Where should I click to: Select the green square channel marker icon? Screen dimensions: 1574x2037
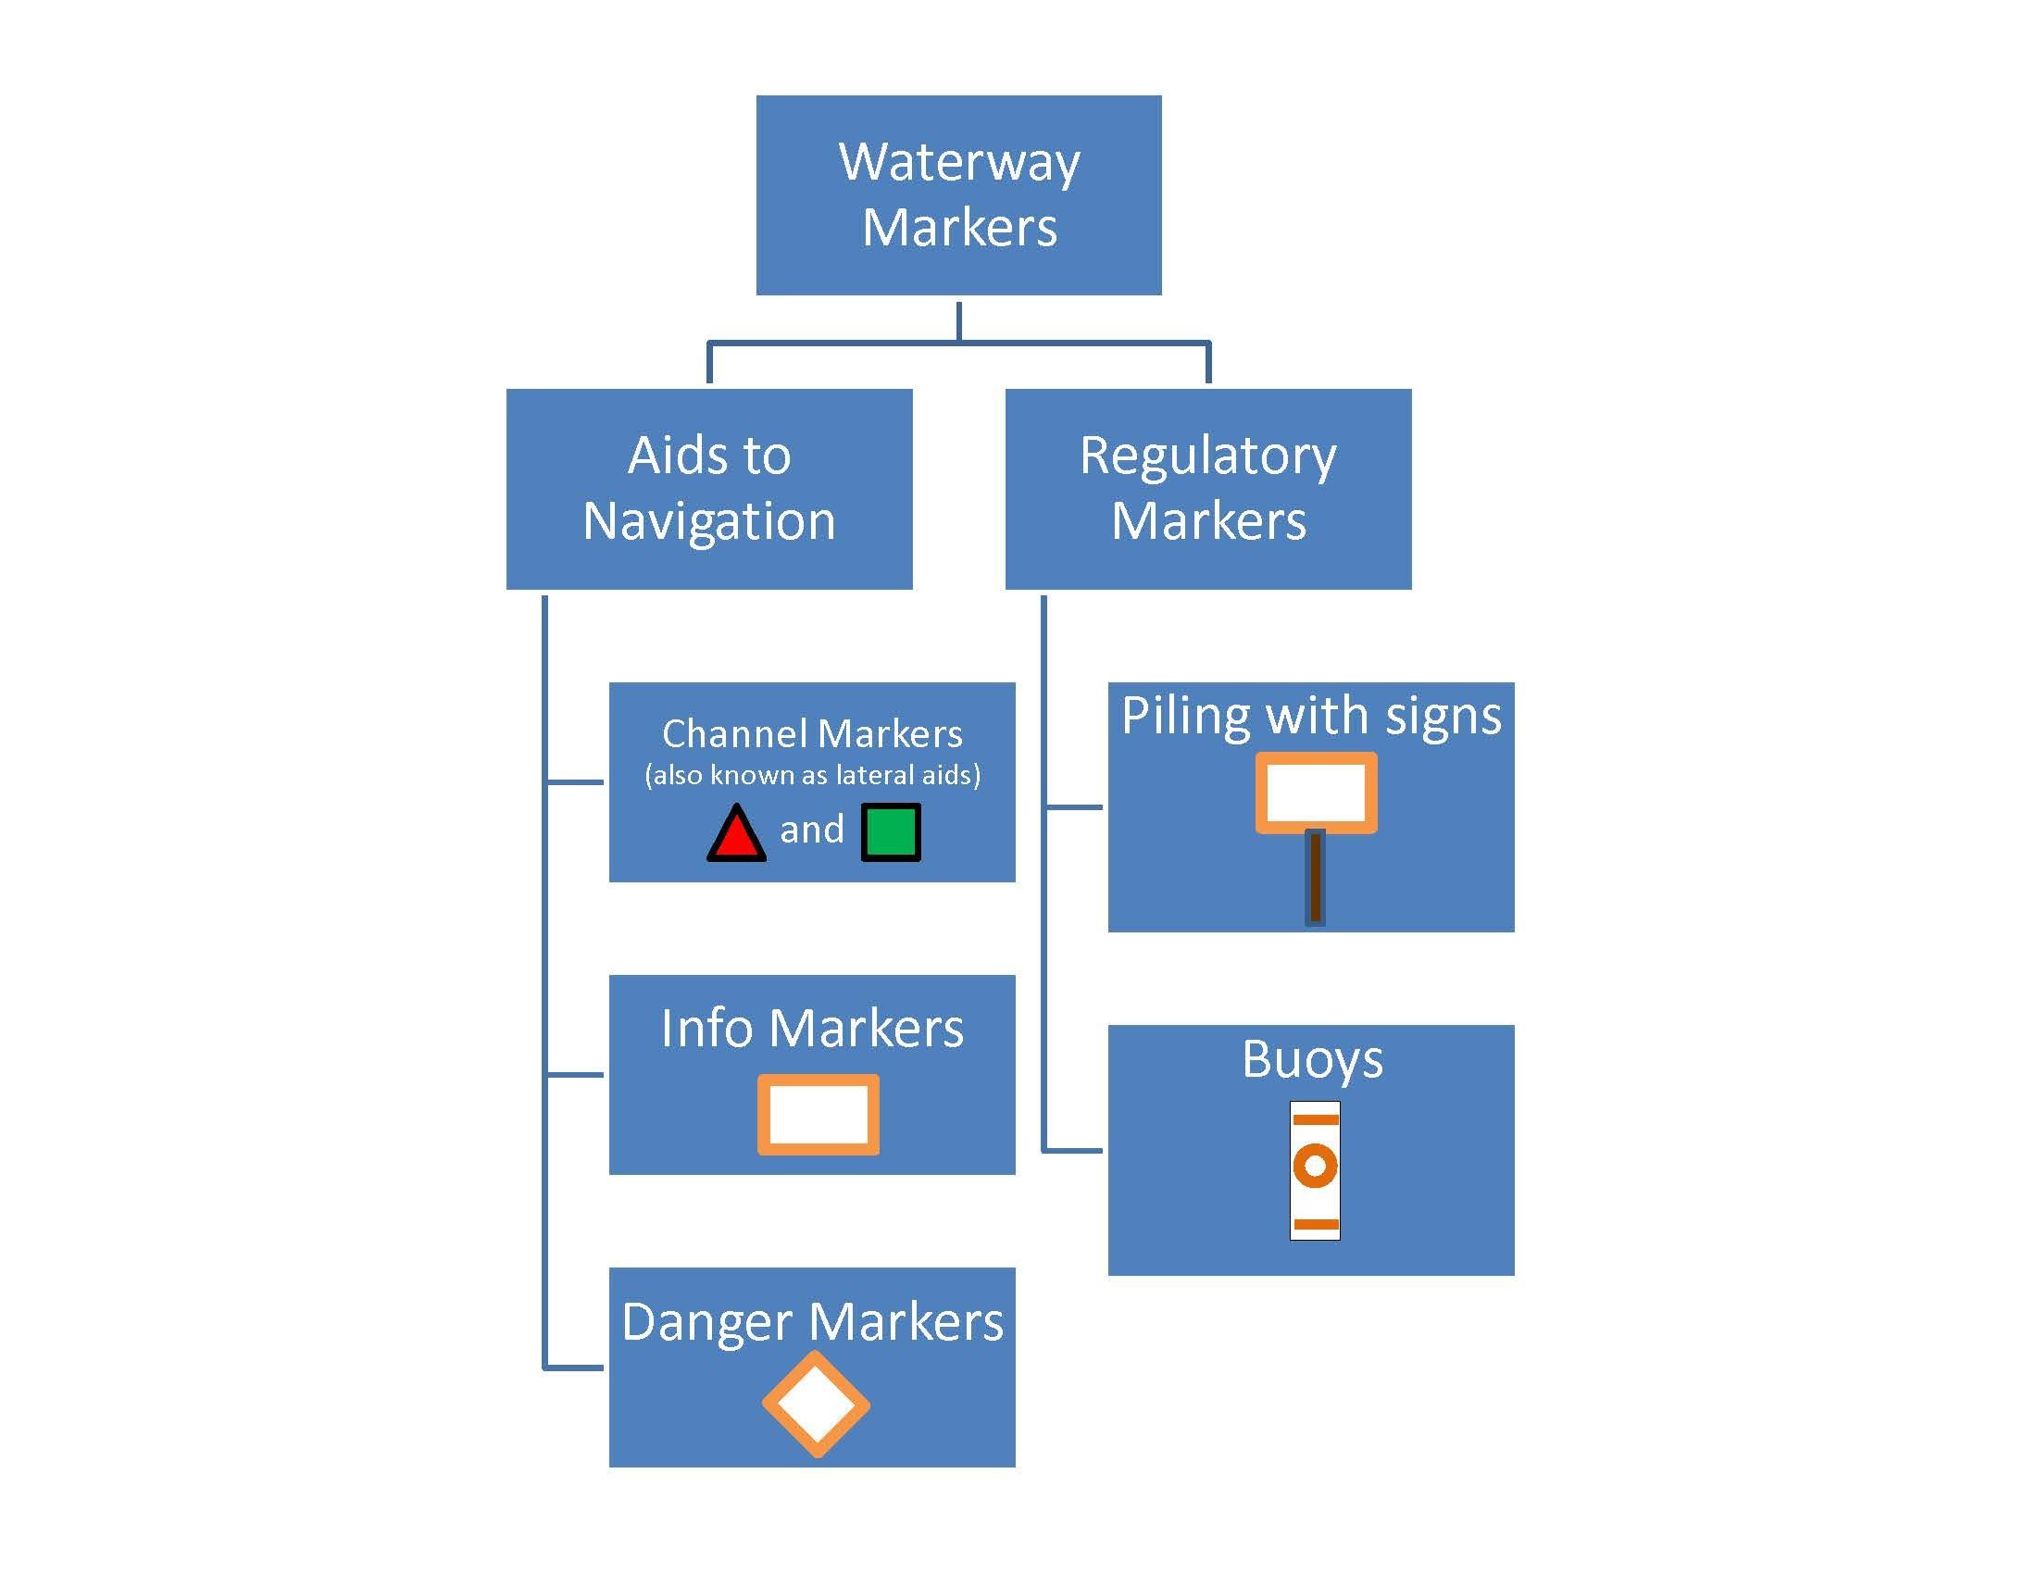890,831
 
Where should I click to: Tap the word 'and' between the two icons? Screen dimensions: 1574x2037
811,830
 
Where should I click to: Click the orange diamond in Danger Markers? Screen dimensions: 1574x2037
816,1405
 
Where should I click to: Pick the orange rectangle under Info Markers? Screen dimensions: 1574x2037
818,1116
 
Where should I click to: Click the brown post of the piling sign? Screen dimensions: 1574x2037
1315,878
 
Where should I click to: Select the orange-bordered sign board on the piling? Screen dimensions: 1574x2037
1316,793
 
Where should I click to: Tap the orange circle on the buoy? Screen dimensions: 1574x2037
1315,1166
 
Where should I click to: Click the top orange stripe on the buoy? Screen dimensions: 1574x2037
1315,1119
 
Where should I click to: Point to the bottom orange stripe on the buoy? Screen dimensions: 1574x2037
1315,1223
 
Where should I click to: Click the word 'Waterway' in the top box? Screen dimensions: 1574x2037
959,163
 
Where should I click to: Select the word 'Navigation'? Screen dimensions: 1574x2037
709,520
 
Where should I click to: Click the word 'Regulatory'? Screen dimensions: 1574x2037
1207,456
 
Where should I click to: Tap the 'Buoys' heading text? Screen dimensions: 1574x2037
1311,1060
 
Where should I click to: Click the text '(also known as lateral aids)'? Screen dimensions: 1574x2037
811,775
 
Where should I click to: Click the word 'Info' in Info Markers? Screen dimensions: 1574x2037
706,1029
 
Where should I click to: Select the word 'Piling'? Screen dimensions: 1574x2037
1184,716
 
